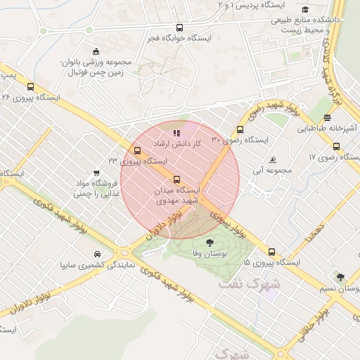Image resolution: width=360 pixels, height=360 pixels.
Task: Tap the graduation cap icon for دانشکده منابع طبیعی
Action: pyautogui.click(x=305, y=9)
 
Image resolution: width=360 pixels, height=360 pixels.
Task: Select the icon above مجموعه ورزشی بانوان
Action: pyautogui.click(x=96, y=51)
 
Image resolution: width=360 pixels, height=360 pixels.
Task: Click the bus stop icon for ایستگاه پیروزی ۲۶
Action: pyautogui.click(x=30, y=86)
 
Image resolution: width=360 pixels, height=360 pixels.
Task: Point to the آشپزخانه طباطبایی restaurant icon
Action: pyautogui.click(x=328, y=117)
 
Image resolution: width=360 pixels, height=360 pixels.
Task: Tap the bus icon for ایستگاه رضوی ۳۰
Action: pyautogui.click(x=240, y=130)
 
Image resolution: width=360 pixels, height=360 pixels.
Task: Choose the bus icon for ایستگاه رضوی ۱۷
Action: pyautogui.click(x=336, y=147)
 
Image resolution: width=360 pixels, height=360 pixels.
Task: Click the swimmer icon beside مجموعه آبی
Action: pyautogui.click(x=273, y=160)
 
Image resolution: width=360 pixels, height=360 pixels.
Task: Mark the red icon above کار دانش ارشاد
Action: pyautogui.click(x=176, y=131)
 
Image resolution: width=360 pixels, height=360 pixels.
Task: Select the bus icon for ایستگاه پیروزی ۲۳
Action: pyautogui.click(x=136, y=150)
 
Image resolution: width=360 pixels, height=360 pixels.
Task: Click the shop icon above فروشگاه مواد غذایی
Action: pyautogui.click(x=96, y=172)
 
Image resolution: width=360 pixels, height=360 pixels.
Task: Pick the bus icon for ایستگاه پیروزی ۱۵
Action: pyautogui.click(x=271, y=252)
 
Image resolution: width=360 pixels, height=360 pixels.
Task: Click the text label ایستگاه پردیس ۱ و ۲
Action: pyautogui.click(x=245, y=5)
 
